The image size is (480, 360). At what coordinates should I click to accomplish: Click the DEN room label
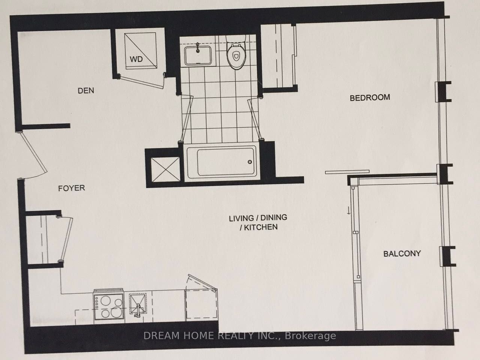pyautogui.click(x=86, y=90)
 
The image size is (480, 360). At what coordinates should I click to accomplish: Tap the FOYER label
pyautogui.click(x=72, y=188)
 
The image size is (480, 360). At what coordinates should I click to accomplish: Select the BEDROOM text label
pyautogui.click(x=370, y=97)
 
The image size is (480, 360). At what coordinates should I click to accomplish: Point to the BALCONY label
pyautogui.click(x=402, y=253)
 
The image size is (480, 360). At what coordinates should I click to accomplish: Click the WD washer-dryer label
pyautogui.click(x=136, y=59)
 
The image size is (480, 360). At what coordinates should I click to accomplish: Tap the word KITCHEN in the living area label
pyautogui.click(x=261, y=227)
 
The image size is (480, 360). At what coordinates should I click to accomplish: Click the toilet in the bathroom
pyautogui.click(x=235, y=52)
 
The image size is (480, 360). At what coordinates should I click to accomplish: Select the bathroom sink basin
pyautogui.click(x=198, y=55)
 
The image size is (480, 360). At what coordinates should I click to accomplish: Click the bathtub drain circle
pyautogui.click(x=250, y=162)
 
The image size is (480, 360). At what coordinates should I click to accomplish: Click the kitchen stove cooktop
pyautogui.click(x=109, y=306)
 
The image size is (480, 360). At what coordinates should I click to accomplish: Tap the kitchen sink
pyautogui.click(x=138, y=305)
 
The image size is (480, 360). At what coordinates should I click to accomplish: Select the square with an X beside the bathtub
pyautogui.click(x=165, y=169)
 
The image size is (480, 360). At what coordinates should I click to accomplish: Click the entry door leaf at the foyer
pyautogui.click(x=34, y=152)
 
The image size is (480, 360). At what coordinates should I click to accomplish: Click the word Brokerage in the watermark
pyautogui.click(x=310, y=336)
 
